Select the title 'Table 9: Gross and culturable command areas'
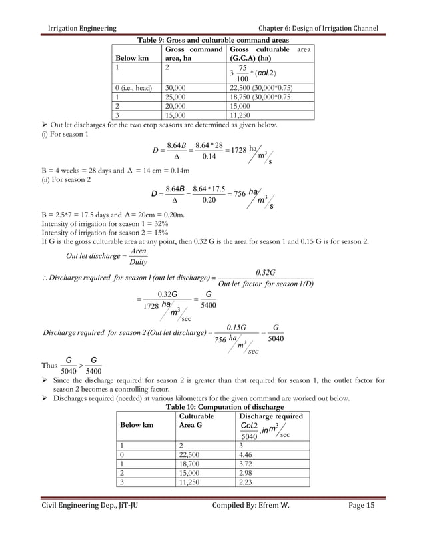coord(212,39)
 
